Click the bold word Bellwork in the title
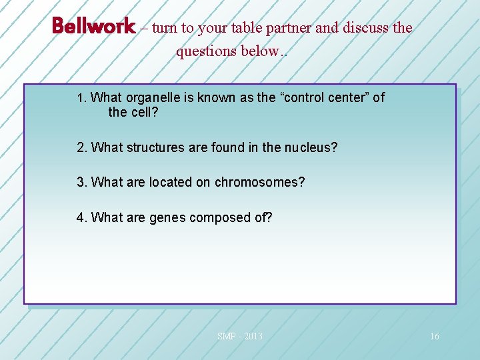[93, 27]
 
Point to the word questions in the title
[203, 52]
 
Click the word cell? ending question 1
[145, 112]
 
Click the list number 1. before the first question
[82, 98]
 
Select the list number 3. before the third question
[82, 182]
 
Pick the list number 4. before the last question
[82, 217]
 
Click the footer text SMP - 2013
[240, 336]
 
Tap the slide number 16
[434, 336]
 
